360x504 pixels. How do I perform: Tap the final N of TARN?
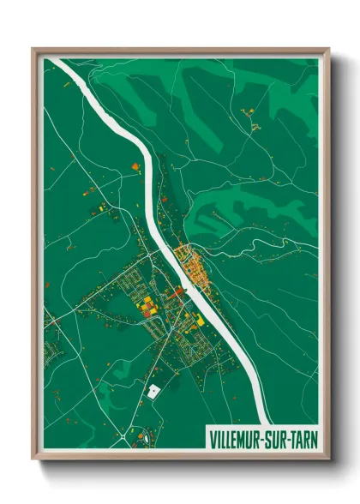311,439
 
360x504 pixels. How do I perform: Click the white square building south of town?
153,391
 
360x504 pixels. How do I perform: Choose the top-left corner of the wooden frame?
33,49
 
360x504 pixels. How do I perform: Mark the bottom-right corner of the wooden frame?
329,460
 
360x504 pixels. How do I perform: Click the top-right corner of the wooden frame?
329,49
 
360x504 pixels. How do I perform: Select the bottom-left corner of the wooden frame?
33,460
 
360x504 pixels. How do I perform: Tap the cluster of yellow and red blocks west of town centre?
147,305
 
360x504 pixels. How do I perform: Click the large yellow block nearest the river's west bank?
200,320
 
